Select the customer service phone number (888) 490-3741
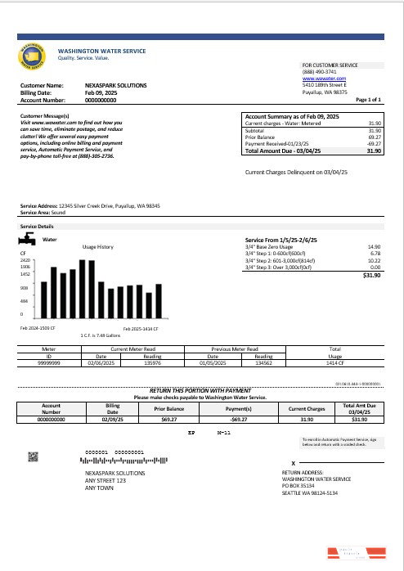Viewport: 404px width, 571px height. [316, 71]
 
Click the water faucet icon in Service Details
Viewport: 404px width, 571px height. [28, 241]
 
